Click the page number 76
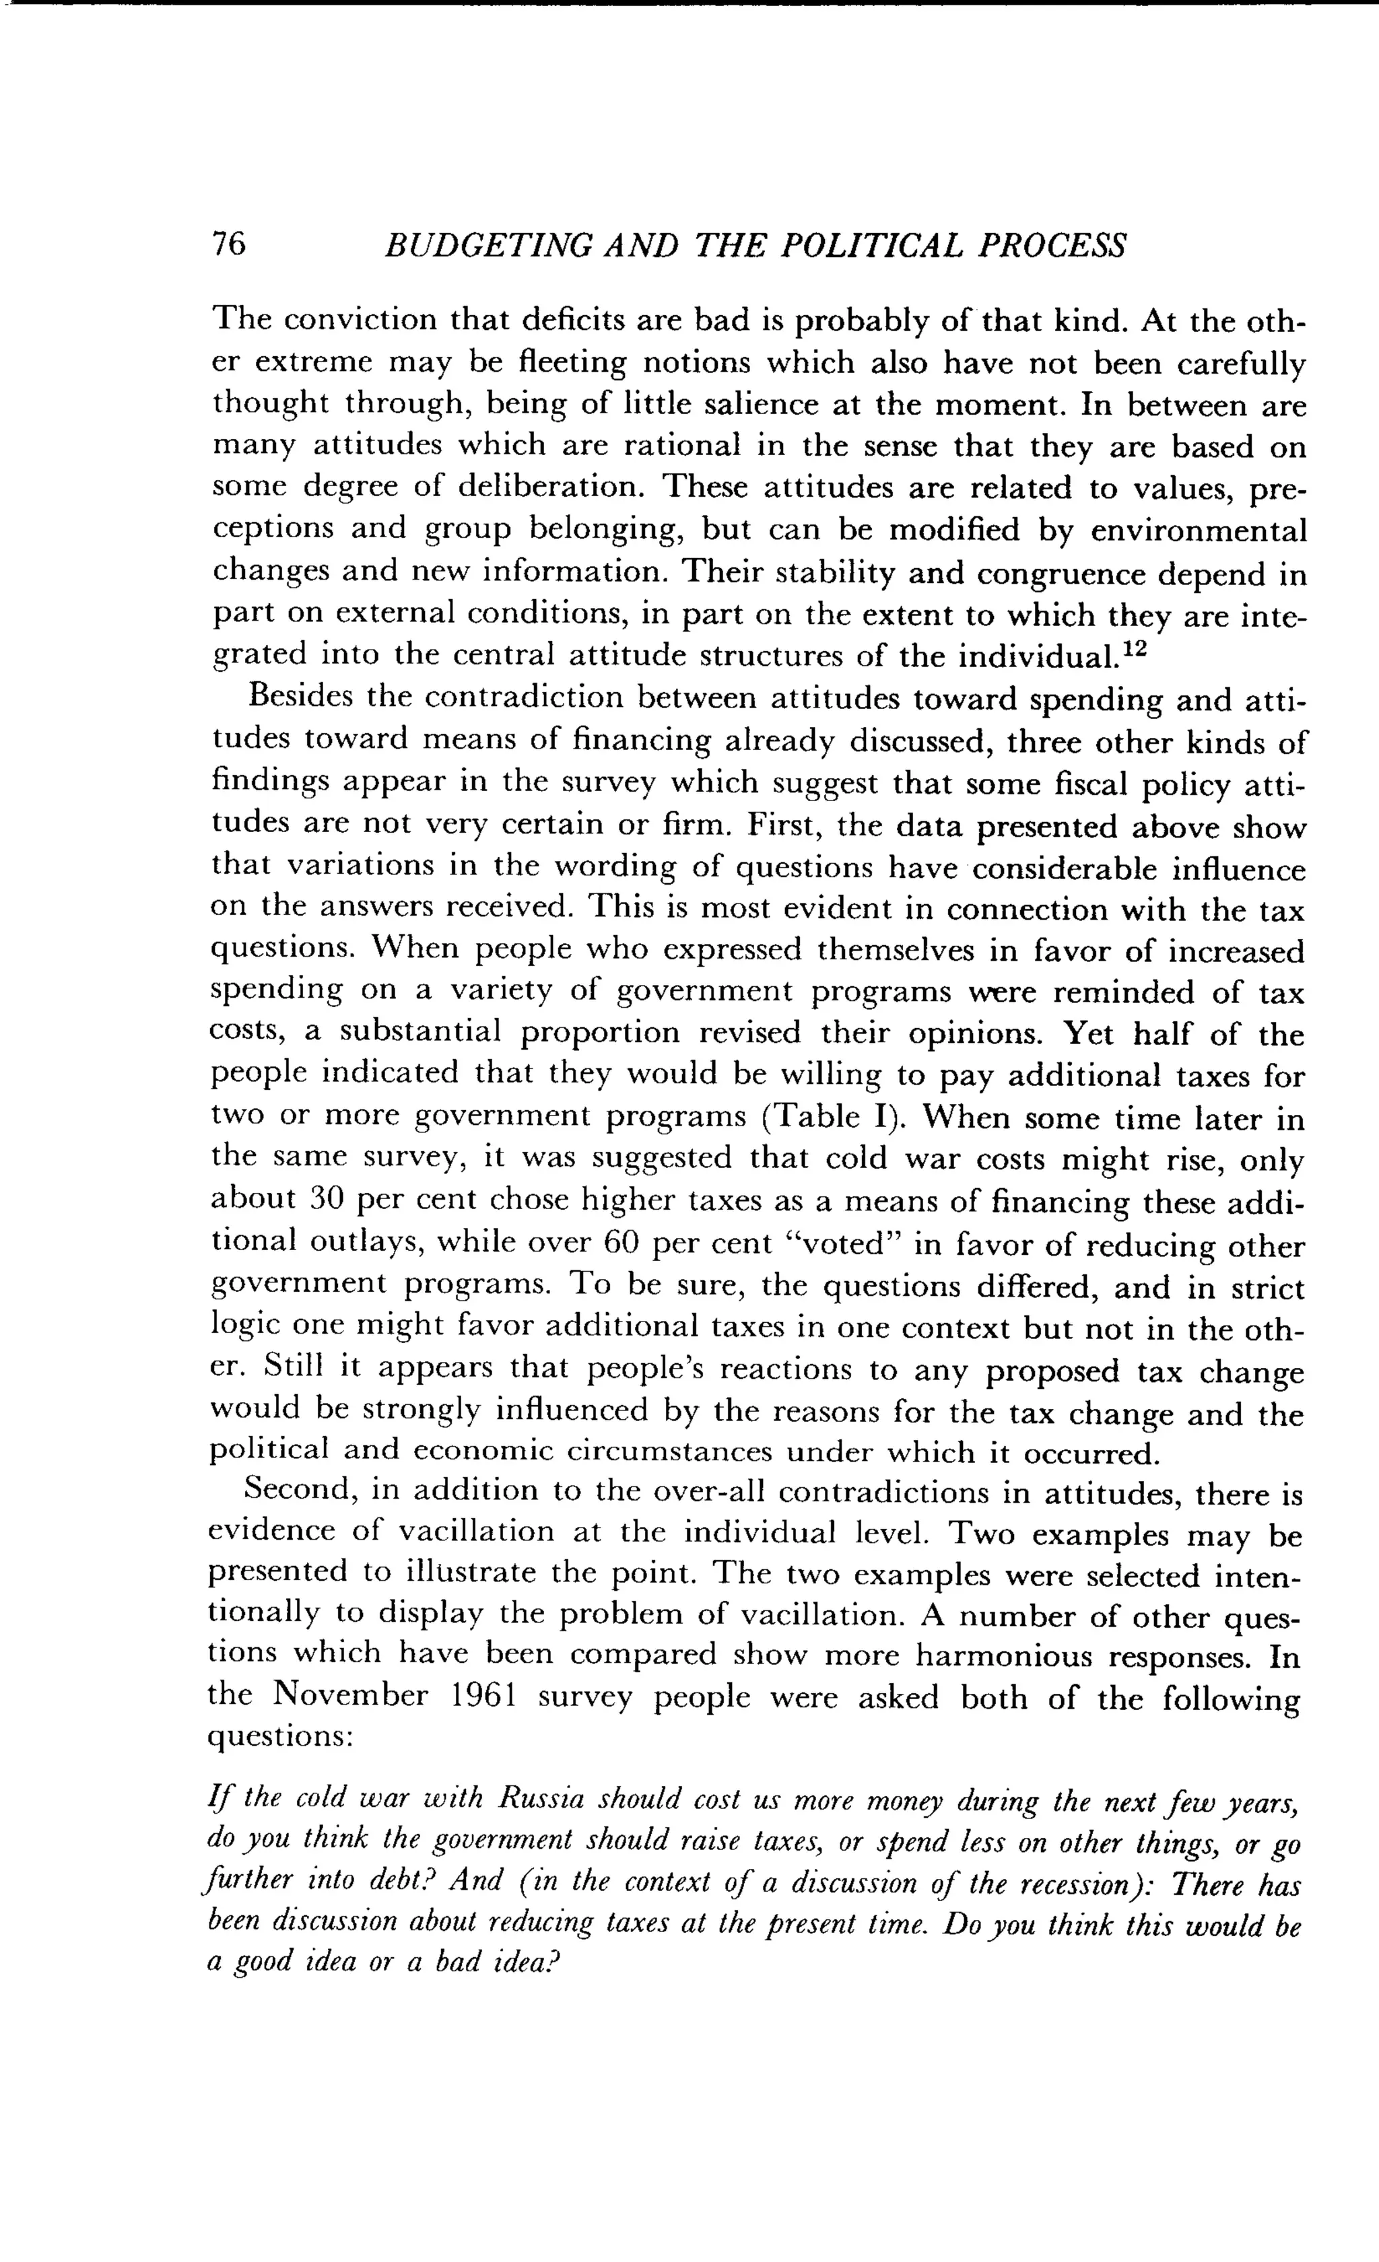pyautogui.click(x=229, y=244)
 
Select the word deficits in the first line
pyautogui.click(x=574, y=320)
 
